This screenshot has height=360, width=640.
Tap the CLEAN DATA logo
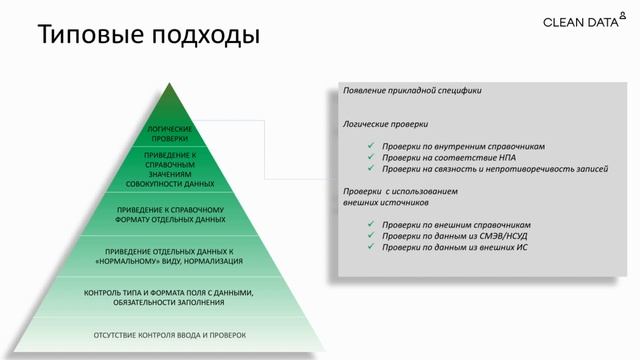click(583, 21)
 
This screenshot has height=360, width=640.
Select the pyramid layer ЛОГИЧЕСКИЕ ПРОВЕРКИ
click(169, 134)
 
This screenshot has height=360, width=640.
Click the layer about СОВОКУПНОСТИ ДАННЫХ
click(169, 172)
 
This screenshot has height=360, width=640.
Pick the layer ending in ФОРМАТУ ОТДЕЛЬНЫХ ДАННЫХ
click(169, 214)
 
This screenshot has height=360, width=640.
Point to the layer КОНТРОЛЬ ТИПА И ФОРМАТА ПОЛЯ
click(169, 296)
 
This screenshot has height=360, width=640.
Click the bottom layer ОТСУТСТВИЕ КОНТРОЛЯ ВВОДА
click(169, 335)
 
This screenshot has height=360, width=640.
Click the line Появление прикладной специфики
click(412, 90)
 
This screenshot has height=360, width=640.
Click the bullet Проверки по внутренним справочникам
click(446, 146)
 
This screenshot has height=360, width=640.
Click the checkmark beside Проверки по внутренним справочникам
click(370, 146)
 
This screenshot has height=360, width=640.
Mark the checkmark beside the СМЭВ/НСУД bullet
click(370, 235)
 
